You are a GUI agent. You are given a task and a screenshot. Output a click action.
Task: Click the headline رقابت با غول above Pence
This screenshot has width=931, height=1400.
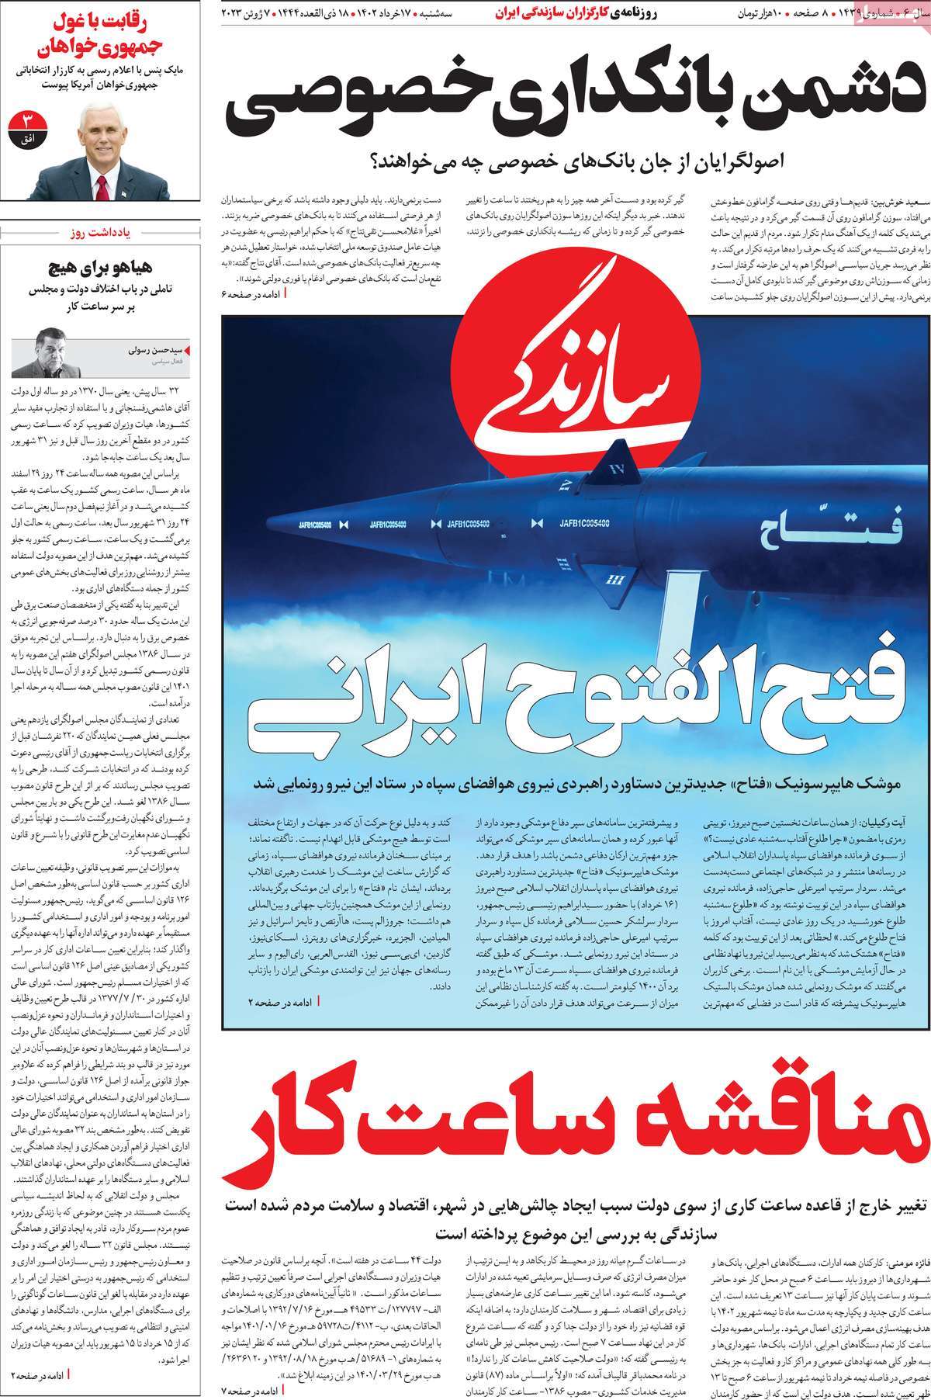click(x=102, y=20)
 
